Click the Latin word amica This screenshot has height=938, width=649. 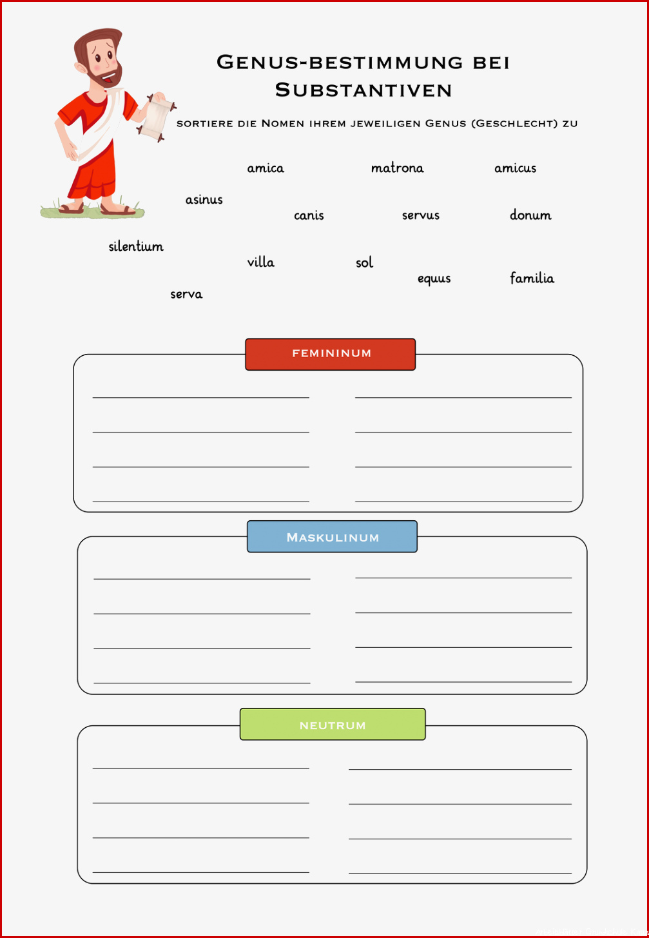pos(266,168)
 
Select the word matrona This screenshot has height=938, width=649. pos(398,168)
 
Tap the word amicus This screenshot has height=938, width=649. pos(515,168)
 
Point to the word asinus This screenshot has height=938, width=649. pos(204,199)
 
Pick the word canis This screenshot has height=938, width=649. pos(309,215)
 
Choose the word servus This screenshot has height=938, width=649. pos(421,215)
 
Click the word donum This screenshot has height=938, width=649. pos(530,215)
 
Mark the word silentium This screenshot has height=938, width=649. pos(136,246)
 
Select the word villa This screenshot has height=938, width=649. pos(260,262)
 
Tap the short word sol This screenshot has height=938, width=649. pos(364,262)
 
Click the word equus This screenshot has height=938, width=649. pos(434,279)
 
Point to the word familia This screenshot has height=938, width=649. pos(532,278)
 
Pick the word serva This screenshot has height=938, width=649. pos(186,295)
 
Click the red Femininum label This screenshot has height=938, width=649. pos(331,355)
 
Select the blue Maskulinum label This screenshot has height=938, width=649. pos(332,536)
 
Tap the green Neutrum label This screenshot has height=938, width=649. pos(333,724)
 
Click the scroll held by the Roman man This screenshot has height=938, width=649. pos(156,118)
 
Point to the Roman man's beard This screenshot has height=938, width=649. pos(107,77)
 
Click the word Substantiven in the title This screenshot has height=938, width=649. pos(363,90)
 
